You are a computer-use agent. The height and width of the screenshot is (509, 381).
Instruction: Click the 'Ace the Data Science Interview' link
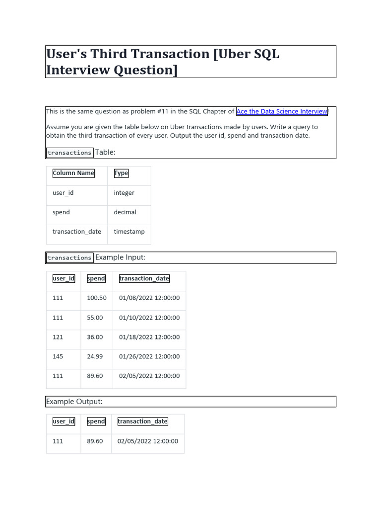pos(282,111)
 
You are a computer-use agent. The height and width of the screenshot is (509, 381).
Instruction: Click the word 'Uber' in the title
pos(236,54)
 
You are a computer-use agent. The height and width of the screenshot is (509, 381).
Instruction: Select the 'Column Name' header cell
pos(73,173)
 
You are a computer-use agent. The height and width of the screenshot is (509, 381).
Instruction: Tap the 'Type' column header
pos(121,173)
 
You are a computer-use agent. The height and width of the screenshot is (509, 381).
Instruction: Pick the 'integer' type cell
pos(124,193)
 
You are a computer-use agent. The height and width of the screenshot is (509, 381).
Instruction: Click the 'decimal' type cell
pos(125,212)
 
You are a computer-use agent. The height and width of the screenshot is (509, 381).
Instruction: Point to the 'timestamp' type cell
pos(129,232)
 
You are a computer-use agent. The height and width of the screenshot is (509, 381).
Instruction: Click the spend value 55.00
pos(95,318)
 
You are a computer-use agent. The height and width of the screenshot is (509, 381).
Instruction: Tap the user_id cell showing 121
pos(58,337)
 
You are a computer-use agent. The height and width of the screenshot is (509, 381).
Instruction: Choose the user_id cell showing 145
pos(58,356)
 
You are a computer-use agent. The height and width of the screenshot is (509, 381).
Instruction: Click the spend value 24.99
pos(95,356)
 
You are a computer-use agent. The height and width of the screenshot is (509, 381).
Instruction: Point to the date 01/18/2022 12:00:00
pos(149,337)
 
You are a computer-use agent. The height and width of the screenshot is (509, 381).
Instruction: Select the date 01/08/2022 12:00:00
pos(149,298)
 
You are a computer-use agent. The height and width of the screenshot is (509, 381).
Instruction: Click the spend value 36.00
pos(95,337)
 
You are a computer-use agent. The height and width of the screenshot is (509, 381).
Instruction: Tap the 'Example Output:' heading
pos(74,401)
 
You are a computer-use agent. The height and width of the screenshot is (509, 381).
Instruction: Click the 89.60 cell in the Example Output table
pos(95,441)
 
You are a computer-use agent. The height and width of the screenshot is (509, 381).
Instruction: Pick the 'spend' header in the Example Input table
pos(96,278)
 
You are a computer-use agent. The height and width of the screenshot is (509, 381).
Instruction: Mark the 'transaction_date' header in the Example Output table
pos(142,422)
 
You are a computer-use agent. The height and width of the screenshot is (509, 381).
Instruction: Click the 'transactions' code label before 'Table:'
pos(69,153)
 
